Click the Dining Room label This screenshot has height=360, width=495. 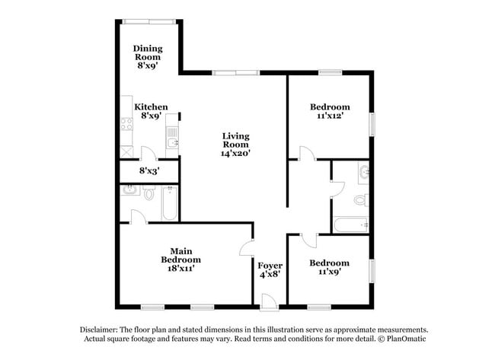coord(148,53)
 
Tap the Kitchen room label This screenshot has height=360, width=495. coord(151,107)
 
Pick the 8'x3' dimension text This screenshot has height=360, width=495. coord(148,171)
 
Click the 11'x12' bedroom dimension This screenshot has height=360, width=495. coord(331,117)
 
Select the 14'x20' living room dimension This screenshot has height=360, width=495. coord(236,153)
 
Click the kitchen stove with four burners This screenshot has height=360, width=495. coord(126,123)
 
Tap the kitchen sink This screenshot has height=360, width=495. coord(173,142)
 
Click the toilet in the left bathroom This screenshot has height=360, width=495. coord(149,194)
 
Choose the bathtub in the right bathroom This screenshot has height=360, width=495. coord(352,225)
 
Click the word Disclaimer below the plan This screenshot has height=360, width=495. coord(100,329)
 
